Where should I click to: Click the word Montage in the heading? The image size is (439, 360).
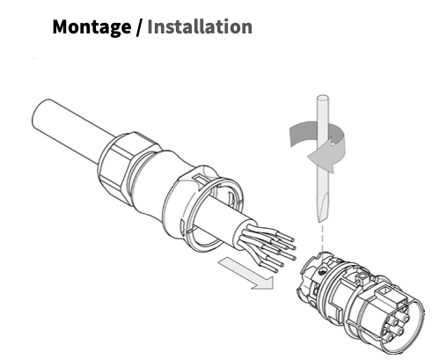[x=91, y=26]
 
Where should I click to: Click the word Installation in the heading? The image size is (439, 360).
[x=200, y=26]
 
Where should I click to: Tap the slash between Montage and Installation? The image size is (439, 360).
[x=139, y=27]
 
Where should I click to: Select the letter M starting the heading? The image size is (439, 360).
[x=62, y=26]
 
